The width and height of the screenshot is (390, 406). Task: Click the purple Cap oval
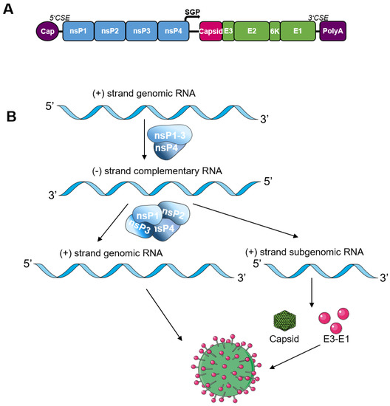(48, 30)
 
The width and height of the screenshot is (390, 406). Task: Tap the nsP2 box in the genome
(110, 30)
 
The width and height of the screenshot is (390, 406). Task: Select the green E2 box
(252, 30)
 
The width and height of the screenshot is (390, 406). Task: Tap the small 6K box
(275, 30)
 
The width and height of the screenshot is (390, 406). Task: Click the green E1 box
(298, 30)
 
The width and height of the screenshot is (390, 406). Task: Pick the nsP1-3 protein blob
(170, 135)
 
